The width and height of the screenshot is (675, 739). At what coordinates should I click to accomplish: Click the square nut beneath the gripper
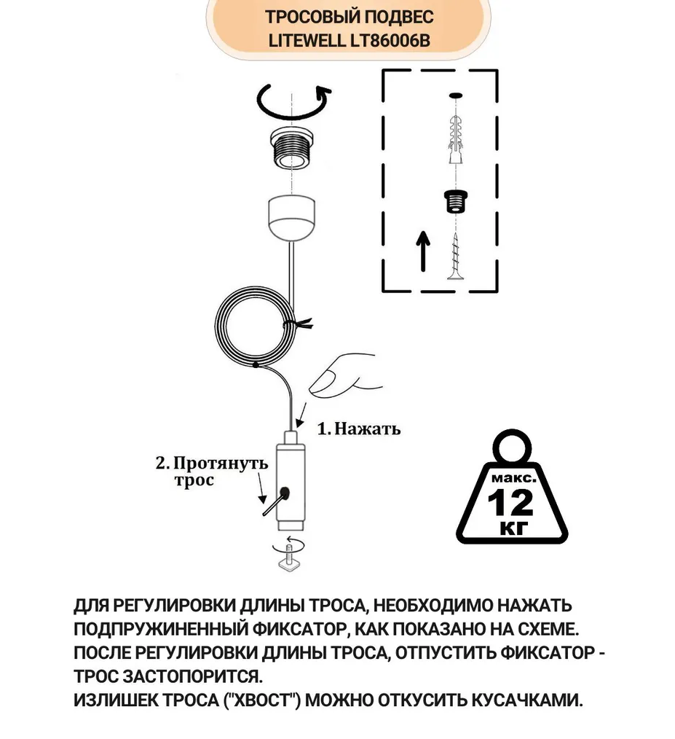point(290,561)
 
